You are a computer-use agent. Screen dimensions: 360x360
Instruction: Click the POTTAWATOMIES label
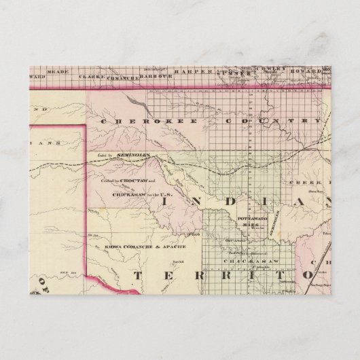pos(250,220)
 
